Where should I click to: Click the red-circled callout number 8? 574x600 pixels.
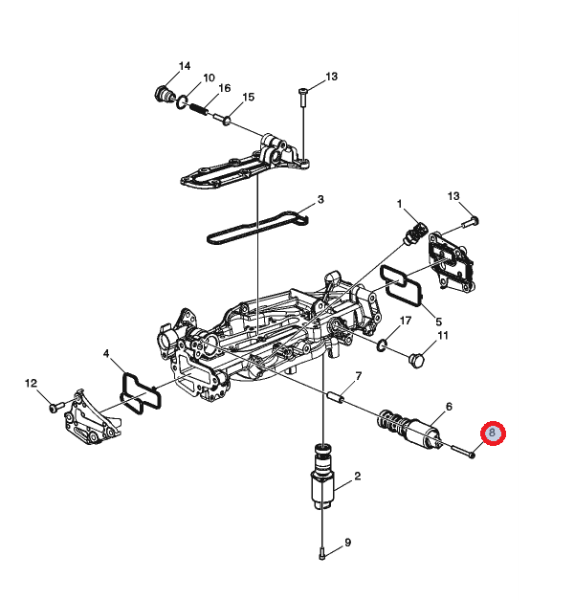point(493,433)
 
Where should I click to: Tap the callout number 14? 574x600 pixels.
point(185,66)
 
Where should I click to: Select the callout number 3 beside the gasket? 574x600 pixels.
point(320,199)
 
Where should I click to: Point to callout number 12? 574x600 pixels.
point(31,383)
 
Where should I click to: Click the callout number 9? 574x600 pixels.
point(347,543)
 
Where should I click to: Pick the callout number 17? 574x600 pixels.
point(406,321)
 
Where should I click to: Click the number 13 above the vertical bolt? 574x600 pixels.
point(331,77)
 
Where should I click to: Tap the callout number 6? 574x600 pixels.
point(449,407)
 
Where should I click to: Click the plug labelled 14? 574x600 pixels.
point(165,94)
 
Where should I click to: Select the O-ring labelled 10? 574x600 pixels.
point(182,102)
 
